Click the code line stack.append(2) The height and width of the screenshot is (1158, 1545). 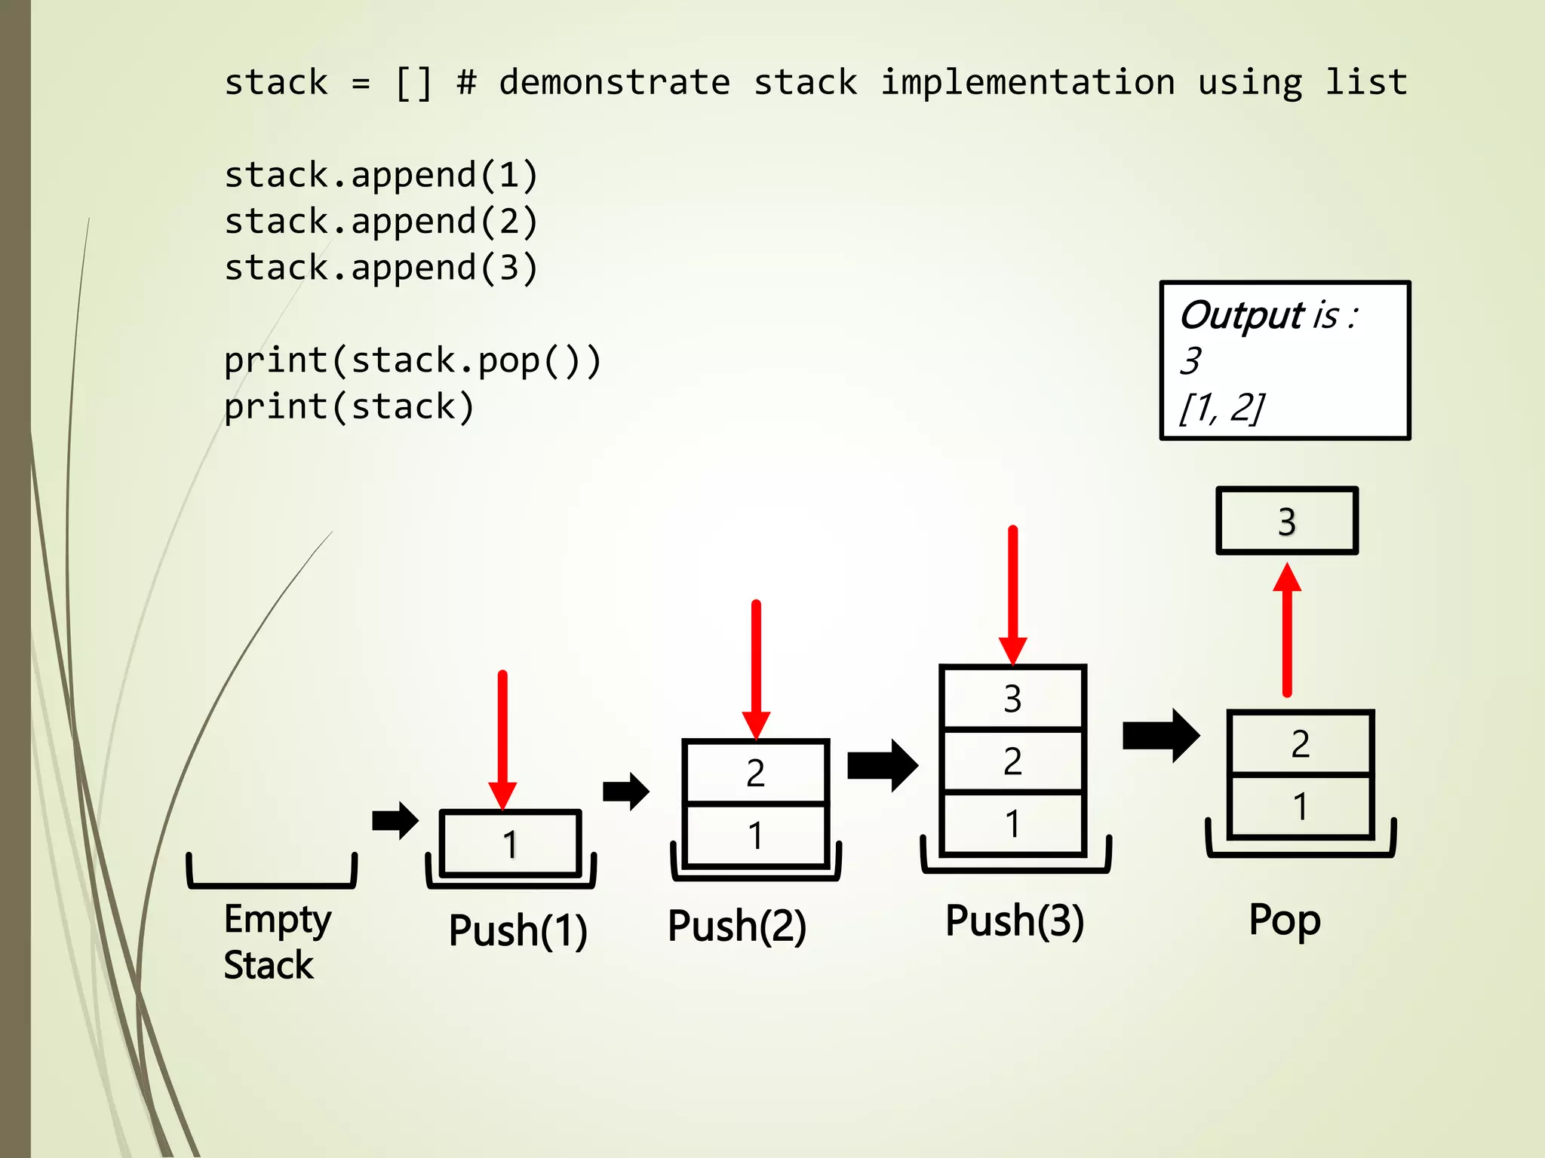pyautogui.click(x=381, y=222)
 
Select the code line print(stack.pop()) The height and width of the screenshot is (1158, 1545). pyautogui.click(x=412, y=360)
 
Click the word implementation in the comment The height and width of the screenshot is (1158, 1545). pyautogui.click(x=1027, y=81)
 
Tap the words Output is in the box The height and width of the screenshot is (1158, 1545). pyautogui.click(x=1267, y=315)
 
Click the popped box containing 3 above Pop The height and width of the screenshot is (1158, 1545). pyautogui.click(x=1287, y=521)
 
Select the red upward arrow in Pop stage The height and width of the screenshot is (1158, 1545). pyautogui.click(x=1287, y=630)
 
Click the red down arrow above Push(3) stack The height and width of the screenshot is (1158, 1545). pyautogui.click(x=1012, y=596)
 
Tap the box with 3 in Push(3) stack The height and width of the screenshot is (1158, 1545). pyautogui.click(x=1012, y=698)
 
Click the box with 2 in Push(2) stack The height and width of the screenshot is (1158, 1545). pyautogui.click(x=755, y=773)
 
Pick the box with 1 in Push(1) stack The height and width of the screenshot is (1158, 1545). pyautogui.click(x=510, y=844)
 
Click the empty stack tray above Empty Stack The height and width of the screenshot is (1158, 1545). pyautogui.click(x=272, y=875)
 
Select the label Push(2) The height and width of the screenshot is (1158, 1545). pyautogui.click(x=737, y=926)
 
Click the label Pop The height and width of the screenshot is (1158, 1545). pyautogui.click(x=1284, y=920)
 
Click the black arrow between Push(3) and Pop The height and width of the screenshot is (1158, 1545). pyautogui.click(x=1160, y=735)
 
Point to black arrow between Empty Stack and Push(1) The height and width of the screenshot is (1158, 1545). pyautogui.click(x=395, y=820)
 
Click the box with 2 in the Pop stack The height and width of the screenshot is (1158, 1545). pyautogui.click(x=1300, y=744)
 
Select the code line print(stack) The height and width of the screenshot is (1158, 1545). pyautogui.click(x=349, y=407)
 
